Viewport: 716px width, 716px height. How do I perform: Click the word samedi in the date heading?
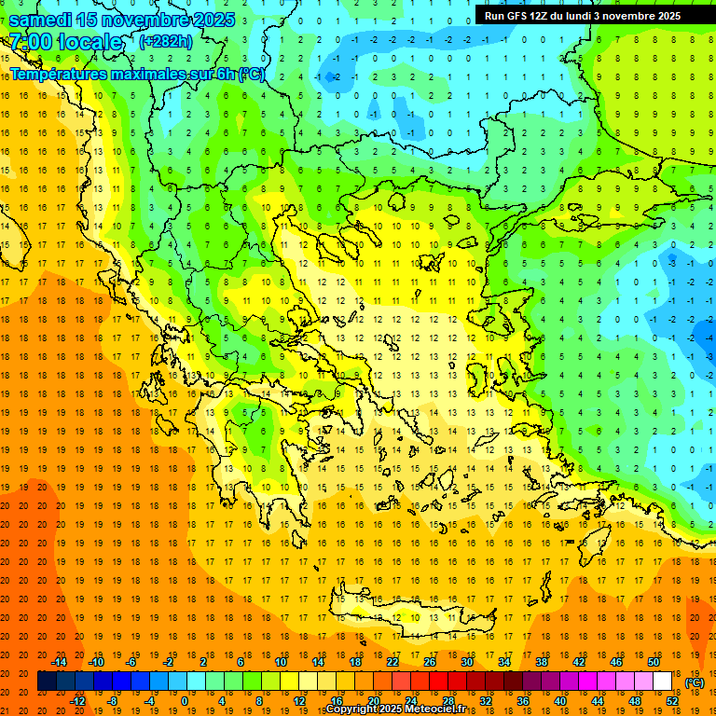(x=42, y=20)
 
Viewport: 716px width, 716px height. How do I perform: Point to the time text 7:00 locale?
(x=65, y=42)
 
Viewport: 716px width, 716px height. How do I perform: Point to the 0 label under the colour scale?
(x=184, y=701)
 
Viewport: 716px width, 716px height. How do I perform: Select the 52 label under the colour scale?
(x=672, y=701)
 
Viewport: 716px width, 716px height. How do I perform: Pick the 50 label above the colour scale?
(x=654, y=662)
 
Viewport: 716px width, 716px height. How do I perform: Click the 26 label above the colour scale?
(x=430, y=662)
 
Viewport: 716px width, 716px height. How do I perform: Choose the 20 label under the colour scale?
(x=374, y=701)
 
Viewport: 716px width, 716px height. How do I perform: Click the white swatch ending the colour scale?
(x=663, y=682)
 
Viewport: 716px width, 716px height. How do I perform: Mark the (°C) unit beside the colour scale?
(x=695, y=682)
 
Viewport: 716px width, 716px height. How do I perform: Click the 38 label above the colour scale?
(x=542, y=662)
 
